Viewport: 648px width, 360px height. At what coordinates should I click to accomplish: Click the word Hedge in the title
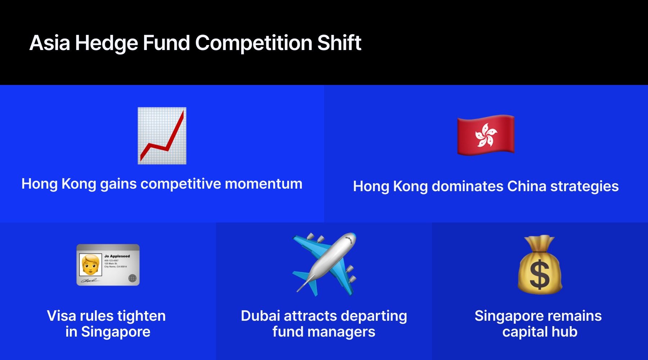coord(106,43)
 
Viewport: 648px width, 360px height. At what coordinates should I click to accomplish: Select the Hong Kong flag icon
coord(486,135)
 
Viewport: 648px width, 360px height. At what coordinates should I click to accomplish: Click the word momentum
coord(264,184)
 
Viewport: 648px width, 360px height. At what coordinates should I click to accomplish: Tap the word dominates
coord(467,186)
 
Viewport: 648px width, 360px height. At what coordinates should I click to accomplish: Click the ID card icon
coord(108,265)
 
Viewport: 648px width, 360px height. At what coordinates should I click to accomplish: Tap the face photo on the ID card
coord(90,265)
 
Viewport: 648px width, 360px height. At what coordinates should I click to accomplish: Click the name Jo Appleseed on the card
coord(117,256)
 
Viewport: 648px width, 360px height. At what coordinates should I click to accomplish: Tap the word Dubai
coord(260,316)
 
